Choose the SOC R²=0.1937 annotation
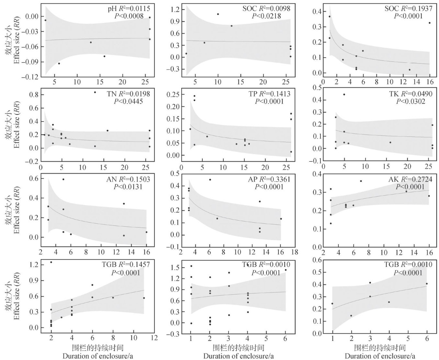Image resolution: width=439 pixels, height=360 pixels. click(x=408, y=8)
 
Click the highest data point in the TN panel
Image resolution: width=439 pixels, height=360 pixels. click(x=95, y=92)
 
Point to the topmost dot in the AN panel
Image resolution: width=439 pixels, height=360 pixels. click(x=63, y=179)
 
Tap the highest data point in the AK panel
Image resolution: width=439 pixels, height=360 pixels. click(x=361, y=181)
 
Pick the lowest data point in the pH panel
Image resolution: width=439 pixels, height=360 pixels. click(x=59, y=63)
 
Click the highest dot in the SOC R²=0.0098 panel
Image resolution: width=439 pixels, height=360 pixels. click(x=218, y=14)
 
